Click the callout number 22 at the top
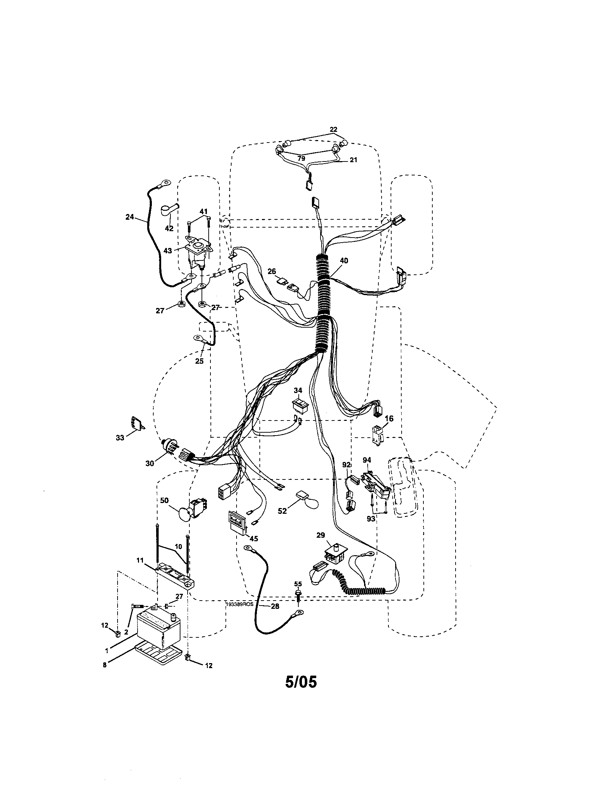coord(333,130)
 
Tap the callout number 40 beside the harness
coord(344,260)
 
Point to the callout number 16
coord(389,418)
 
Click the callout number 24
coord(130,217)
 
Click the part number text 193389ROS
coord(240,605)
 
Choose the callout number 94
coord(367,460)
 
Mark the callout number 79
coord(301,158)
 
